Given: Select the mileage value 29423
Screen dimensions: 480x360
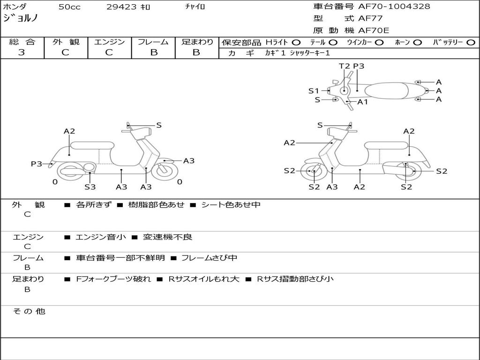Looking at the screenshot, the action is pos(121,7).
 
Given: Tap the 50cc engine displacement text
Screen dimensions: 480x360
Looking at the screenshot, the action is pos(68,7).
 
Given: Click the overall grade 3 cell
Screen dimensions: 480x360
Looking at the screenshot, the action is pos(22,52).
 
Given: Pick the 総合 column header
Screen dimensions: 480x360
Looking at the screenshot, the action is pos(22,42).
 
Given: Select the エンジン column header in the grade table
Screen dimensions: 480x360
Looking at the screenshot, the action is pos(109,42).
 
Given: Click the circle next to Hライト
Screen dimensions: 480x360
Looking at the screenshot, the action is pos(296,43).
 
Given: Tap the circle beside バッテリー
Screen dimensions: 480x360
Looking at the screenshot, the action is pos(471,43).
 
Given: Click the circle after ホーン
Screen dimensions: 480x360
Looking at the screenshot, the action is pos(417,43).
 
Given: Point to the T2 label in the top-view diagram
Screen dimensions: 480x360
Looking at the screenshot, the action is pos(345,67).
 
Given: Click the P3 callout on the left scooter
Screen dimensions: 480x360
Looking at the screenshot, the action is pos(37,164).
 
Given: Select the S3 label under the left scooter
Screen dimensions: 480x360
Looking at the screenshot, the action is pos(90,187).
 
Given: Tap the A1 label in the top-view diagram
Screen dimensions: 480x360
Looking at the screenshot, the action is pos(363,102).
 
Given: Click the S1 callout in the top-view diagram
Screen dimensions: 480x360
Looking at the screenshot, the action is pos(314,91).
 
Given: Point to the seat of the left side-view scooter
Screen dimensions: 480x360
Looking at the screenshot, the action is pos(92,145).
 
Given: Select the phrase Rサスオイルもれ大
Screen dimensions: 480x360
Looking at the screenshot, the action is pos(203,279).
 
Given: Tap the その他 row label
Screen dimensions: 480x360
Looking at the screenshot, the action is pos(29,311).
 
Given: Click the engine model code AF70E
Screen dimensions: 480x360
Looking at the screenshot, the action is pos(374,31).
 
